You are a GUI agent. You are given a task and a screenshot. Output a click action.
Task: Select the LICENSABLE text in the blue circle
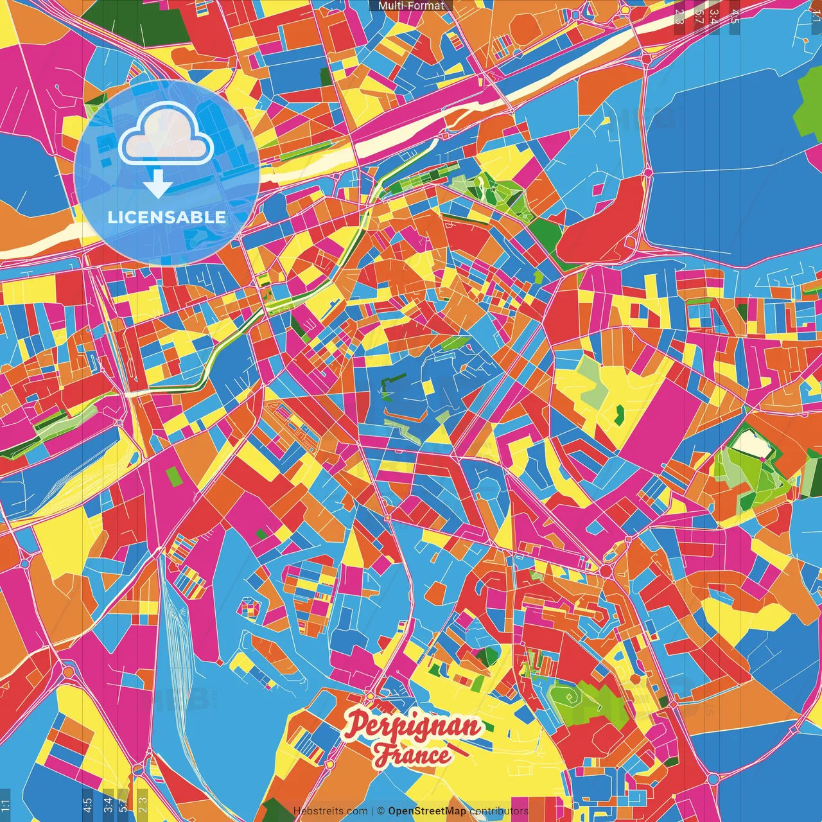[x=167, y=217]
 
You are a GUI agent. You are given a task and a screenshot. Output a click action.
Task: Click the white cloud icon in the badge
[x=166, y=136]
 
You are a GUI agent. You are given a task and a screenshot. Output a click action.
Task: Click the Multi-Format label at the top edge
[x=411, y=6]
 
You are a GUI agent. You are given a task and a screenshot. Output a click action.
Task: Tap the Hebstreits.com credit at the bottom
[x=330, y=811]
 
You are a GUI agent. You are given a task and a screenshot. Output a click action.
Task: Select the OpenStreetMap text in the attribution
[x=426, y=811]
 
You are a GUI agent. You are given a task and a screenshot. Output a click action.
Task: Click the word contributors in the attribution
[x=498, y=811]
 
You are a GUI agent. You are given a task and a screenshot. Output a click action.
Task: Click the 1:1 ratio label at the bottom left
[x=5, y=805]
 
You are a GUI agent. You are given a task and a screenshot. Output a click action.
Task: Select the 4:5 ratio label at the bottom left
[x=87, y=805]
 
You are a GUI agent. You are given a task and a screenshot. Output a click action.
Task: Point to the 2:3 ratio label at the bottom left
[x=143, y=805]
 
